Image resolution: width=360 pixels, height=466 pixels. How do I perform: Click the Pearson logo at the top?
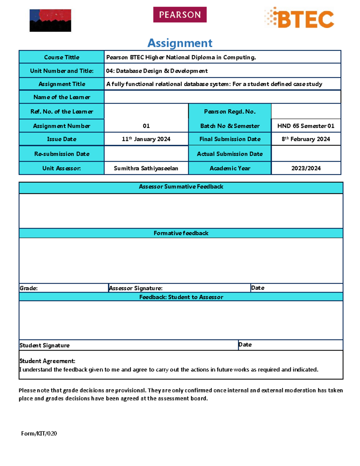coord(180,15)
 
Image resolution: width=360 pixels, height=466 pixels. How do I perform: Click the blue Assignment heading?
coord(180,43)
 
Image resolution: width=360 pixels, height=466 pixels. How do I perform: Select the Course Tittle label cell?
coord(61,57)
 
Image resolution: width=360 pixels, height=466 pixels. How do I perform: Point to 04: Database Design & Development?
coord(157,71)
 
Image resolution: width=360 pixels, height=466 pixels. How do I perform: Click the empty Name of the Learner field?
coord(222,97)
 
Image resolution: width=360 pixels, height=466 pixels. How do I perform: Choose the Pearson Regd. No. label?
coord(230,111)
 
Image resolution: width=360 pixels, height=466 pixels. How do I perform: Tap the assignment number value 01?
coord(146,126)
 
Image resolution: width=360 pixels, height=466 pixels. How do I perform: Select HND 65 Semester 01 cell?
coord(306,126)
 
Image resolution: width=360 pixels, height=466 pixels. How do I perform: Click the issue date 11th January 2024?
coord(146,139)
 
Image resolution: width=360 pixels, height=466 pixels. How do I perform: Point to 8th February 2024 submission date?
coord(306,139)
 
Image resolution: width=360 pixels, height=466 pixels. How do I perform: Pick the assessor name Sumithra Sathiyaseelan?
coord(146,168)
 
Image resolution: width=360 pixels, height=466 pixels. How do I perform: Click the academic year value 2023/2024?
coord(306,168)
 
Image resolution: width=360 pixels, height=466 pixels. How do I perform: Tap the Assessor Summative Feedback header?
coord(181,187)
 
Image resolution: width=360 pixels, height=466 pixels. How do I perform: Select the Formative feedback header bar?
coord(181,233)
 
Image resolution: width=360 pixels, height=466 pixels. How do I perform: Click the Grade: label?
coord(29,288)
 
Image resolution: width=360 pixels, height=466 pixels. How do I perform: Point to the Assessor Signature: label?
coord(136,288)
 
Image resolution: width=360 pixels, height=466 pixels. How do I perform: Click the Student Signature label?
coord(44,345)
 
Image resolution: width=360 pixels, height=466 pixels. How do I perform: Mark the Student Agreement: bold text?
coord(47,361)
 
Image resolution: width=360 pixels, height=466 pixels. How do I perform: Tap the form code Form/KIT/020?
coord(39,433)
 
